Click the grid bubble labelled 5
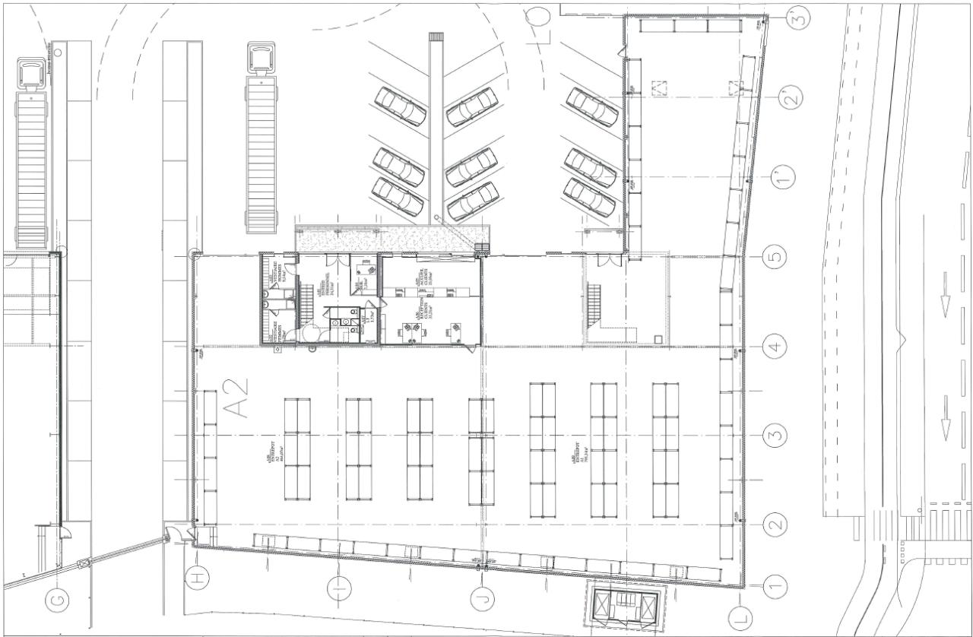pos(774,257)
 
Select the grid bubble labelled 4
pos(774,347)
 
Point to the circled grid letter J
pos(480,598)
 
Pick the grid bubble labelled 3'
pos(797,17)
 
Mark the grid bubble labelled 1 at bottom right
pos(774,585)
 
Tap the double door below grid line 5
pos(605,260)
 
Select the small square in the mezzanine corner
pos(659,338)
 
